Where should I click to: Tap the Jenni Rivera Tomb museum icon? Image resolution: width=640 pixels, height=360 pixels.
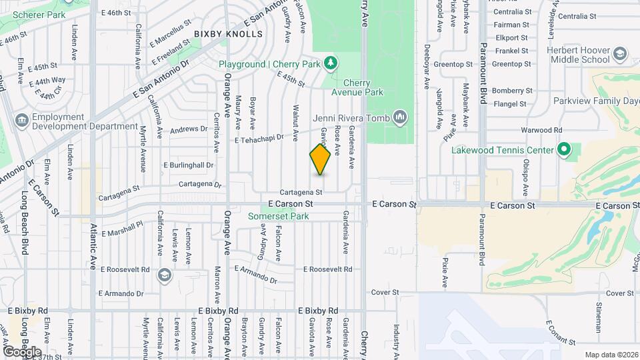click(400, 117)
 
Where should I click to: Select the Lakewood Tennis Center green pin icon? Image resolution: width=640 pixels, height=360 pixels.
click(563, 150)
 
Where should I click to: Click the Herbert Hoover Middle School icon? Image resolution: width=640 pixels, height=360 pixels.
click(619, 54)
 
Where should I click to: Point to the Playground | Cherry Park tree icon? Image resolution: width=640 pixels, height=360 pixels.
click(330, 63)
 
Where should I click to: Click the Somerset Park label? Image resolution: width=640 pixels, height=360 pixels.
click(278, 216)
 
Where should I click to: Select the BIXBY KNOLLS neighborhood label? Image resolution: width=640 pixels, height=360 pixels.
click(224, 33)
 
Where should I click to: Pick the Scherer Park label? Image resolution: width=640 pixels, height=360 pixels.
click(31, 14)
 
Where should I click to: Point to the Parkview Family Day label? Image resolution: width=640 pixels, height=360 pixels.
click(596, 101)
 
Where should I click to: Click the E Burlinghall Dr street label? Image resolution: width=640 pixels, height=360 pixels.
click(188, 165)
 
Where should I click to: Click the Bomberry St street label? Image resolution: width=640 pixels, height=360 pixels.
click(511, 90)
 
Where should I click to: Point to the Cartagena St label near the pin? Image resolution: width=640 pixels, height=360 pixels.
click(301, 191)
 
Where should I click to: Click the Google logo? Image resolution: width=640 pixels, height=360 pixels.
click(23, 351)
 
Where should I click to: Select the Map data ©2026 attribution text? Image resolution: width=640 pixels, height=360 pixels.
click(611, 354)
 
